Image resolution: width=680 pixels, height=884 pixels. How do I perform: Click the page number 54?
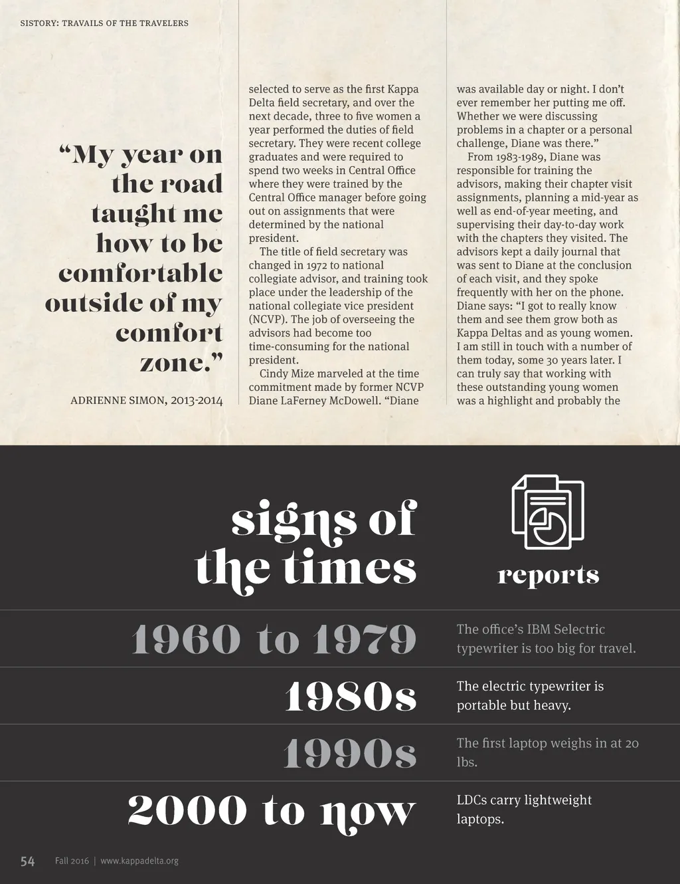[x=27, y=861]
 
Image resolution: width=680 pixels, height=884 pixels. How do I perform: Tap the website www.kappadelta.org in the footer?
[x=139, y=861]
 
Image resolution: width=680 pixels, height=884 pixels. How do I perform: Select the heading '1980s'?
[x=350, y=697]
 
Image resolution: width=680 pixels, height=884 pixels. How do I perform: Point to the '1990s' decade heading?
[x=349, y=754]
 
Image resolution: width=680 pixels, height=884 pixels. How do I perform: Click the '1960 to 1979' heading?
[x=274, y=639]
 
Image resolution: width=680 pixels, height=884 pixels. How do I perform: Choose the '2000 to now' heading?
[x=272, y=811]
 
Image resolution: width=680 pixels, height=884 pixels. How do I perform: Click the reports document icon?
[x=548, y=512]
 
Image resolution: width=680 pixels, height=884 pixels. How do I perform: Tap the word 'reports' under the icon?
[x=548, y=575]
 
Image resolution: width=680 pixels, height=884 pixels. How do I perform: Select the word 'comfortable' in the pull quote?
[x=140, y=273]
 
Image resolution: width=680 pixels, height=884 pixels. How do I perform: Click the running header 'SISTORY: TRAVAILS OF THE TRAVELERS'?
[x=104, y=23]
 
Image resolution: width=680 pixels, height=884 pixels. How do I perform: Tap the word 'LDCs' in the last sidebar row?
[x=471, y=800]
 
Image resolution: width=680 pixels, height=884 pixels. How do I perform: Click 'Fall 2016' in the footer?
[x=72, y=861]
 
